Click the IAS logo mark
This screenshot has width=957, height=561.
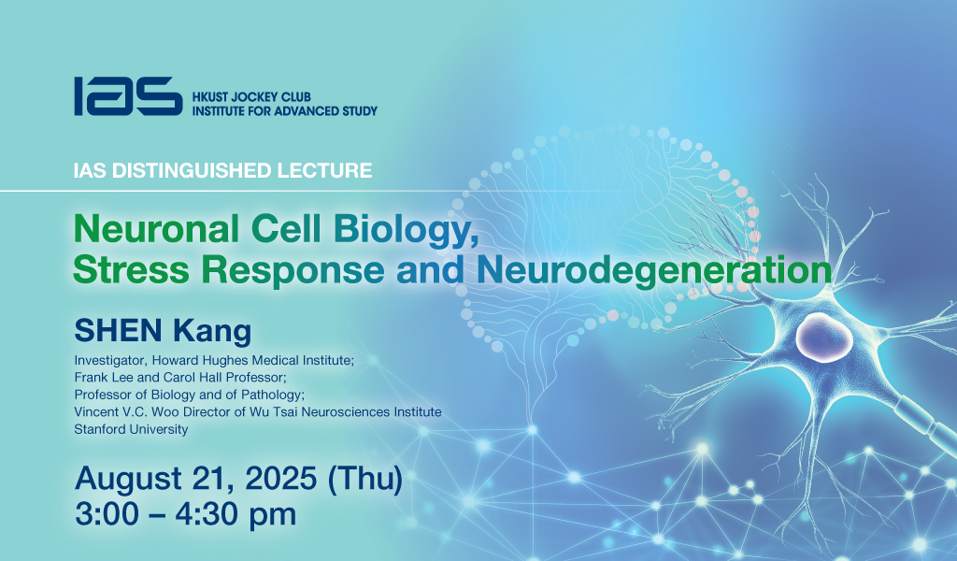(x=128, y=96)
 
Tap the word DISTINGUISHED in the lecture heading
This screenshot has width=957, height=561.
(x=193, y=170)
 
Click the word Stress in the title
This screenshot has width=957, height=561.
(x=131, y=269)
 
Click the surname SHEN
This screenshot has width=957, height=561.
(x=118, y=330)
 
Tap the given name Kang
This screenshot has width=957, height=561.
(x=212, y=332)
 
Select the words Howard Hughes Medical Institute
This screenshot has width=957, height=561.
(x=251, y=360)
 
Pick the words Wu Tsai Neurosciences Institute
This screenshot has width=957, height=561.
(x=345, y=412)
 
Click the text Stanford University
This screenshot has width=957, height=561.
(x=131, y=429)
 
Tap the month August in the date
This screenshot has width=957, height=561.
(x=128, y=479)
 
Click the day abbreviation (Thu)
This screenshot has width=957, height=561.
(x=365, y=480)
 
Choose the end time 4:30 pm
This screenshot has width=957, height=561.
(x=236, y=514)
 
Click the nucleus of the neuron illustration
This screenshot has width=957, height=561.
(x=823, y=337)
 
